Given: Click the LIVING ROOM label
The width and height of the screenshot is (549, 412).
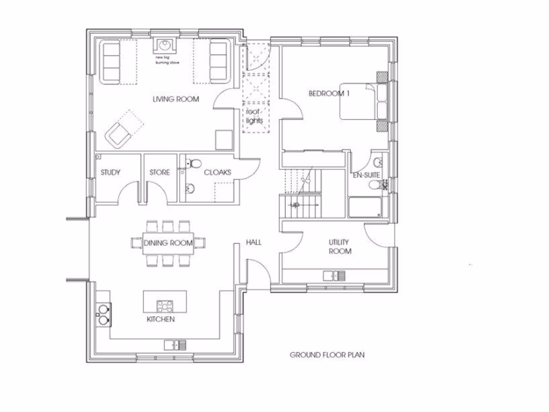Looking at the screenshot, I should point(175,99).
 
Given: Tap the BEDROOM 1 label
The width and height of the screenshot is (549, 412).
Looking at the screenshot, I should point(329,93).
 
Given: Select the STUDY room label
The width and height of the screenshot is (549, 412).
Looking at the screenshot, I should point(110,172).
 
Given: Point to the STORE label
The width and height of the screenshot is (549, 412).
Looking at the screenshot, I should point(159,172).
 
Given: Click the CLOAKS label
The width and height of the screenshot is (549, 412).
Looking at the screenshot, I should point(217,172).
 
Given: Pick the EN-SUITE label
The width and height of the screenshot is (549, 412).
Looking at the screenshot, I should point(366,175).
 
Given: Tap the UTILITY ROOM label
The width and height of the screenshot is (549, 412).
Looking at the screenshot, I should point(340,247).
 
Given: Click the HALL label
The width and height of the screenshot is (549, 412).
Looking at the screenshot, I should point(254,242).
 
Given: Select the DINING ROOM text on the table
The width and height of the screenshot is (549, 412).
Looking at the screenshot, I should point(168,243).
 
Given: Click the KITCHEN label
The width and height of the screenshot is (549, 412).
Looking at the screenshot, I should point(161,319).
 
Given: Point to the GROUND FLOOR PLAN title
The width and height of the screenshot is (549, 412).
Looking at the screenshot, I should point(327,355).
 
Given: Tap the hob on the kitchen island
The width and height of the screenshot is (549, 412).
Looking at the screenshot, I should point(165,306).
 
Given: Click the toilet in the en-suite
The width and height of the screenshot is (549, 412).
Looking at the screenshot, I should point(376,185).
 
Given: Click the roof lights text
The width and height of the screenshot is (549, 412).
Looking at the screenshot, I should point(255,116).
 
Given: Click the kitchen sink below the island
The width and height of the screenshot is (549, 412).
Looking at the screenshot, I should point(175,344).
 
